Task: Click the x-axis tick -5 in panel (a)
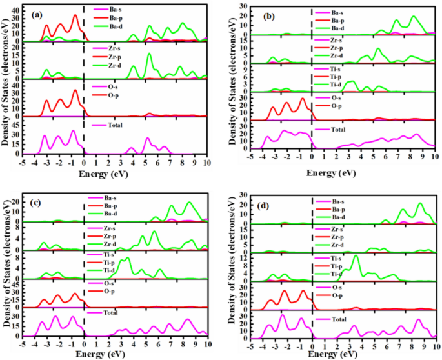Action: click(x=23, y=163)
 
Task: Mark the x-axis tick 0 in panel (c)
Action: click(x=85, y=345)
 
